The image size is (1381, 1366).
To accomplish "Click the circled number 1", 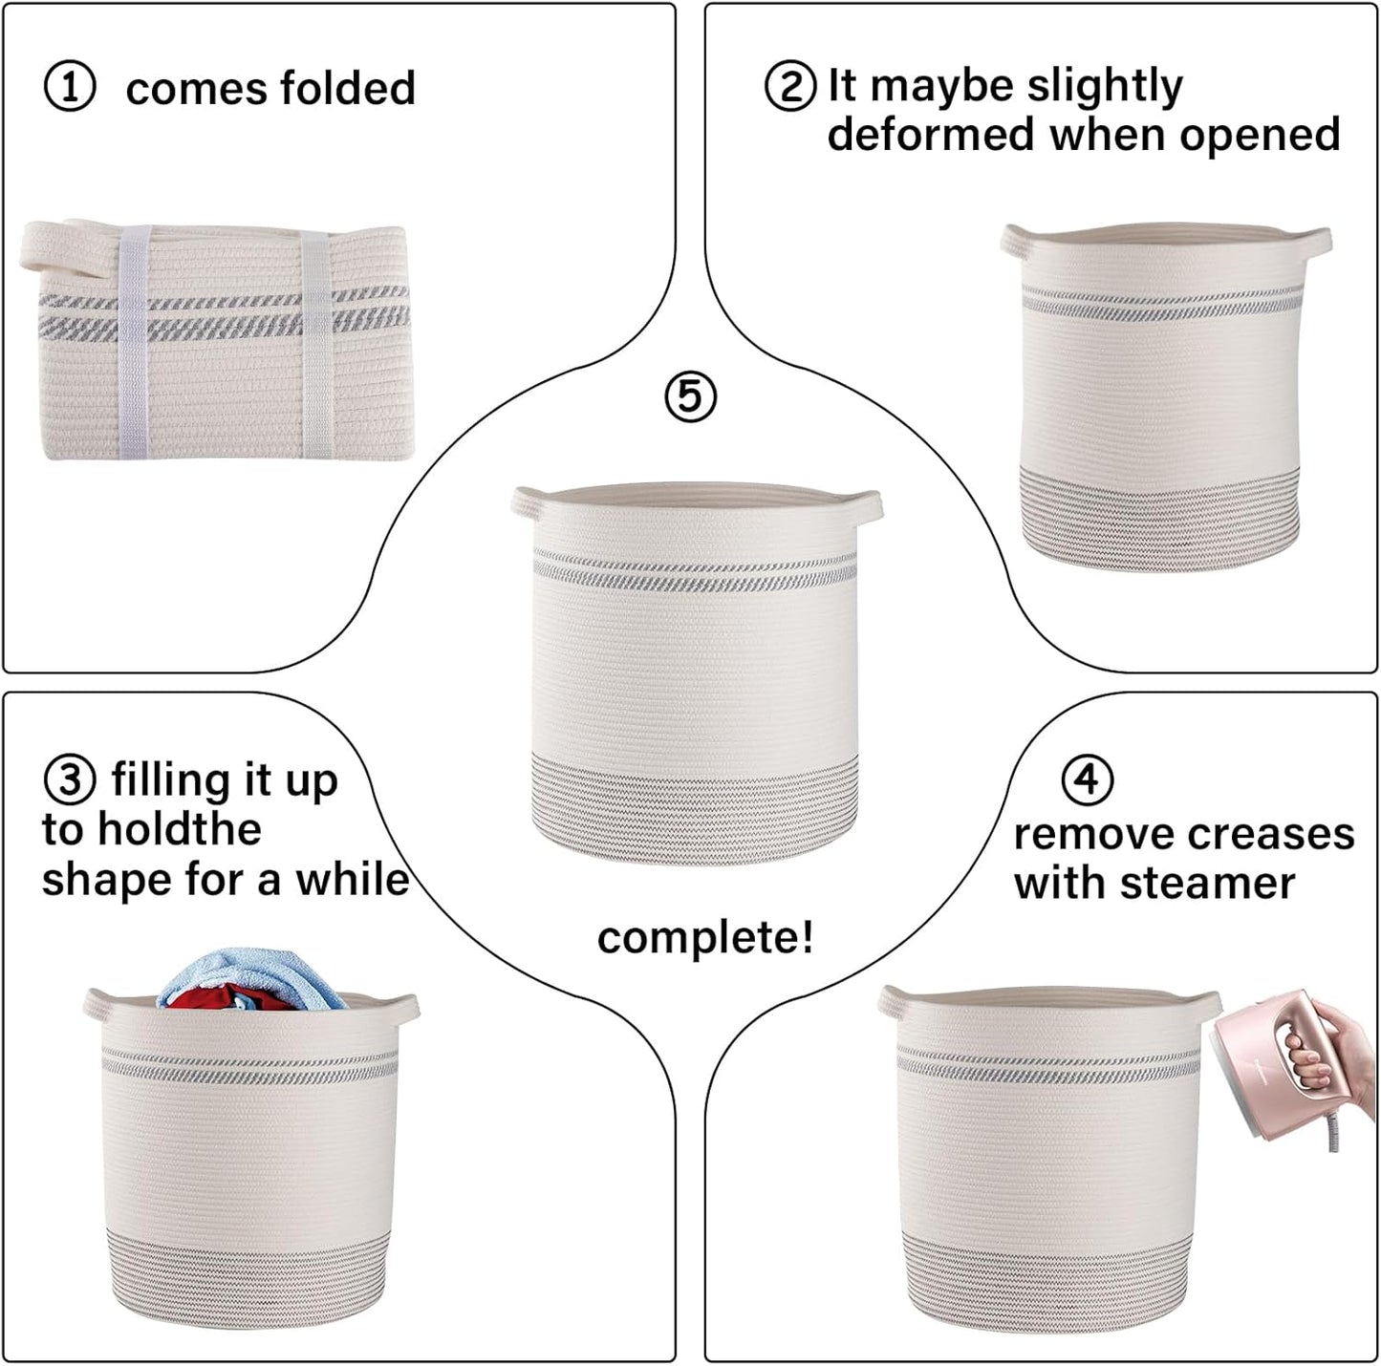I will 70,87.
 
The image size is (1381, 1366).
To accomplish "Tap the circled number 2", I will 790,86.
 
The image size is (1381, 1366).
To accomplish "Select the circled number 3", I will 69,779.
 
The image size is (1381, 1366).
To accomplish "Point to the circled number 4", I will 1087,779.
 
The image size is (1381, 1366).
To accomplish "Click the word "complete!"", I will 705,937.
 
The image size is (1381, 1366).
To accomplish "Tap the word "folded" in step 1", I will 348,88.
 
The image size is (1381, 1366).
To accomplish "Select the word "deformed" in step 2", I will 932,135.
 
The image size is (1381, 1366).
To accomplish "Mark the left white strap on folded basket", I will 135,339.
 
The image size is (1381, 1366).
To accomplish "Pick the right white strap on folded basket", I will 316,339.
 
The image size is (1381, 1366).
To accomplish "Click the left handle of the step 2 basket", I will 1019,241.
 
